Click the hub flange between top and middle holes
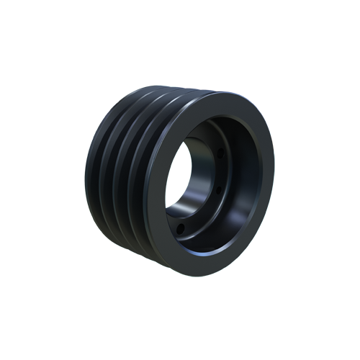tap(217, 171)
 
